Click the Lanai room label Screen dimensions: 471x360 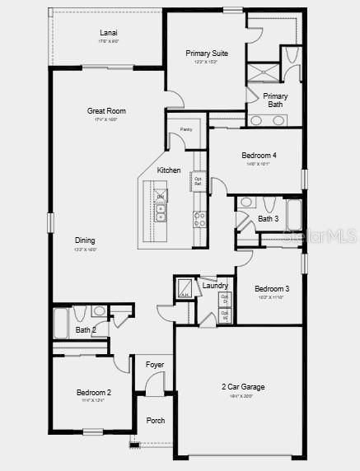(109, 33)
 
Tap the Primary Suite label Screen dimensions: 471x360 (207, 54)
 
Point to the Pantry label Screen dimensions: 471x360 (186, 129)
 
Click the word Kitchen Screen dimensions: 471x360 (169, 170)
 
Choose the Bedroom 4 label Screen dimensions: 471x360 (259, 156)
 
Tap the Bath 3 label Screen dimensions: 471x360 (269, 219)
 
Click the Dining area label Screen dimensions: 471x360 (86, 240)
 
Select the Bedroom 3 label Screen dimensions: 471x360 (272, 288)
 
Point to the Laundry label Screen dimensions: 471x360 (215, 286)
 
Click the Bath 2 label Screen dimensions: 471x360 (86, 330)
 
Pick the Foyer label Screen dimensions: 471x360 (155, 364)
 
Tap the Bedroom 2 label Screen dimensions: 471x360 (94, 393)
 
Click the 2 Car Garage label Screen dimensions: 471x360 (242, 386)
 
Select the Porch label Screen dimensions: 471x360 (155, 421)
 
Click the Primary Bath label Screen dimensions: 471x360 (275, 100)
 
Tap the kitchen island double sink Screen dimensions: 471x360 (161, 213)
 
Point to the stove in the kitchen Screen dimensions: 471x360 (199, 218)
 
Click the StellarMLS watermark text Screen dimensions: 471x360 (331, 235)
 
